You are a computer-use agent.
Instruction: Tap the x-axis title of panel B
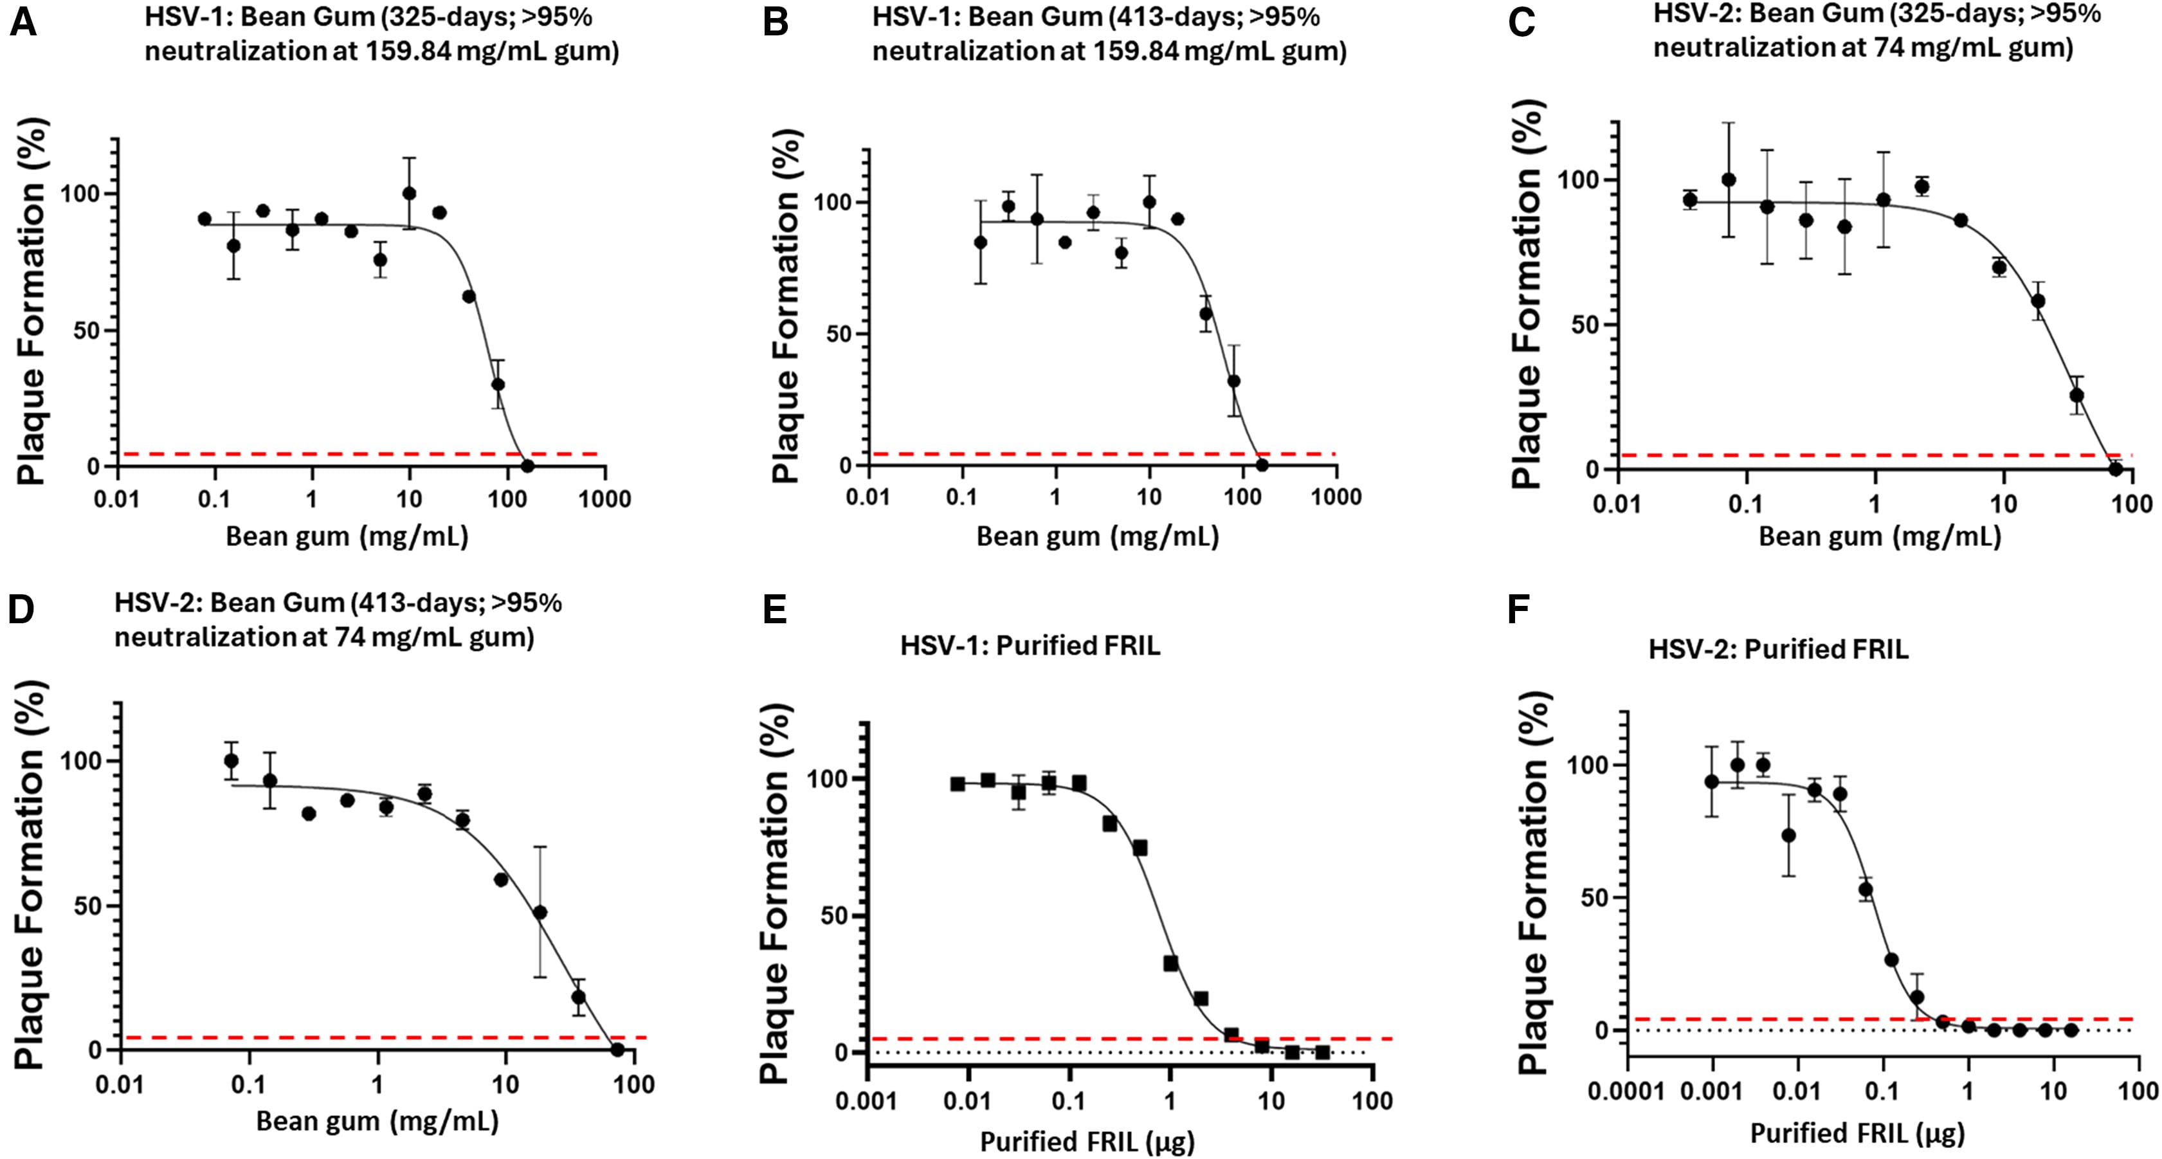coord(1097,537)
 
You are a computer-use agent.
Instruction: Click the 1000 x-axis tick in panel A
coord(605,499)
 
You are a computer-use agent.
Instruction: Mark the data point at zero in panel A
coord(527,466)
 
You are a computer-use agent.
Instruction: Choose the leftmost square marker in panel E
coord(958,784)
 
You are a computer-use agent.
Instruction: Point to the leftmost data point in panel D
coord(231,762)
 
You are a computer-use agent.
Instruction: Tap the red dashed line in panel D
coord(377,1038)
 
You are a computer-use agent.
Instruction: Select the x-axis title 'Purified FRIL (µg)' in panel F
coord(1857,1134)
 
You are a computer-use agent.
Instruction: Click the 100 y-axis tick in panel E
coord(828,778)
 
